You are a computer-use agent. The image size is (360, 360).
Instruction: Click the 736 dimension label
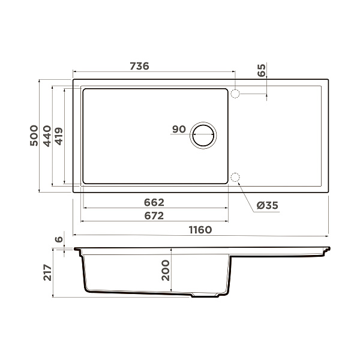(x=139, y=66)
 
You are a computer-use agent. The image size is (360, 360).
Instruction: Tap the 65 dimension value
(x=262, y=70)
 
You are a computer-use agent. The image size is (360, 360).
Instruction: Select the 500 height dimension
(x=34, y=136)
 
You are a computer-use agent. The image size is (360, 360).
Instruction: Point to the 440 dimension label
(x=47, y=136)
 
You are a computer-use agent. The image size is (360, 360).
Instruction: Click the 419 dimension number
(x=59, y=136)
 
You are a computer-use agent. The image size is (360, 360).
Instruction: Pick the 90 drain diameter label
(x=179, y=129)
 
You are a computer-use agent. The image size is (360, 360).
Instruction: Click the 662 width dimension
(x=154, y=202)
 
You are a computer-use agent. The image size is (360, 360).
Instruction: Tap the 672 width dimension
(x=154, y=216)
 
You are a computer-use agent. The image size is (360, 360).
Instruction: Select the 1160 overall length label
(x=200, y=230)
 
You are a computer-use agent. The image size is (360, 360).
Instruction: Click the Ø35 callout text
(x=267, y=205)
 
